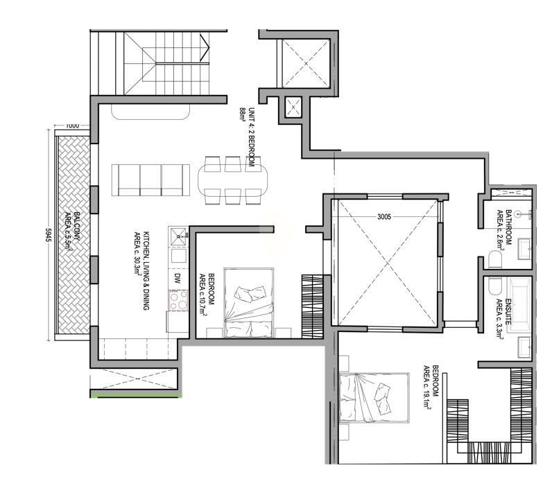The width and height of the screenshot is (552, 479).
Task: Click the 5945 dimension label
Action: coord(49,235)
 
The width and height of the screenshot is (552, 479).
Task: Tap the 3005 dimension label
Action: coord(384,217)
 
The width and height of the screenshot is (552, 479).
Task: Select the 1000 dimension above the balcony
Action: coord(72,125)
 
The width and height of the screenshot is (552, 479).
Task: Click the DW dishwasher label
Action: coord(178,279)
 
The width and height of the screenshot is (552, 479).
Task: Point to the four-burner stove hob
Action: coord(178,300)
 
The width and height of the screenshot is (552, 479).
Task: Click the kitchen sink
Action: coord(178,236)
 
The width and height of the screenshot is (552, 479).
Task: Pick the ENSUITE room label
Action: coord(503,317)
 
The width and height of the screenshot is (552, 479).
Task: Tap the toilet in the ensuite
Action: coord(494,286)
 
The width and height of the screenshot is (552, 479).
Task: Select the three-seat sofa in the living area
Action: coord(150,180)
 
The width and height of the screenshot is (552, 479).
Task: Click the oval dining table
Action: coord(232,180)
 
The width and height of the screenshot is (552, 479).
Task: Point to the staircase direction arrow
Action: coord(205,48)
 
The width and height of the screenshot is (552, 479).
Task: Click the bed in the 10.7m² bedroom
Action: coord(249,303)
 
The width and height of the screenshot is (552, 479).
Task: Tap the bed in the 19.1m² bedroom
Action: coord(374,397)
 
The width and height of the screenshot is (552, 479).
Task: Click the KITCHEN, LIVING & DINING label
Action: coord(142,271)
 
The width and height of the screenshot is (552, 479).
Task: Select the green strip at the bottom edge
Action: coord(136,396)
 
